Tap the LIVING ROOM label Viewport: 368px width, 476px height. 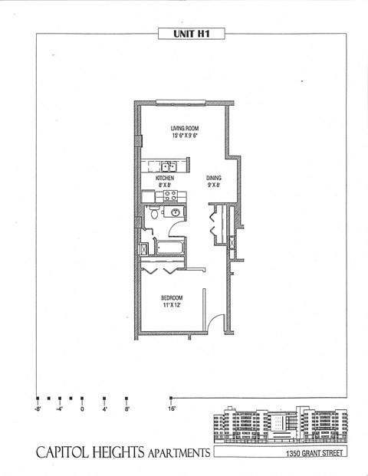(x=185, y=129)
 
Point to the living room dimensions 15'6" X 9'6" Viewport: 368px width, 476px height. (x=185, y=136)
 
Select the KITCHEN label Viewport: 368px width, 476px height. (x=165, y=178)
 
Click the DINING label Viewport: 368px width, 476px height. (x=213, y=178)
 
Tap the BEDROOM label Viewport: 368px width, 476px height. (x=171, y=297)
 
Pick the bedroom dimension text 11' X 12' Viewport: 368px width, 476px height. (x=171, y=305)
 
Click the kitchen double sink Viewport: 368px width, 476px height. (x=169, y=166)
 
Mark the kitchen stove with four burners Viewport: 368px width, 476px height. (x=171, y=195)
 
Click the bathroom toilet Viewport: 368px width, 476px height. (x=154, y=215)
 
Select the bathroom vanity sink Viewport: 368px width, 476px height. (x=176, y=212)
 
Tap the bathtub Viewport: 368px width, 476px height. (x=169, y=248)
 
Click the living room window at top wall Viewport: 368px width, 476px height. (x=180, y=102)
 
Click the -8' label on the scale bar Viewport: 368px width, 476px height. (x=38, y=409)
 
